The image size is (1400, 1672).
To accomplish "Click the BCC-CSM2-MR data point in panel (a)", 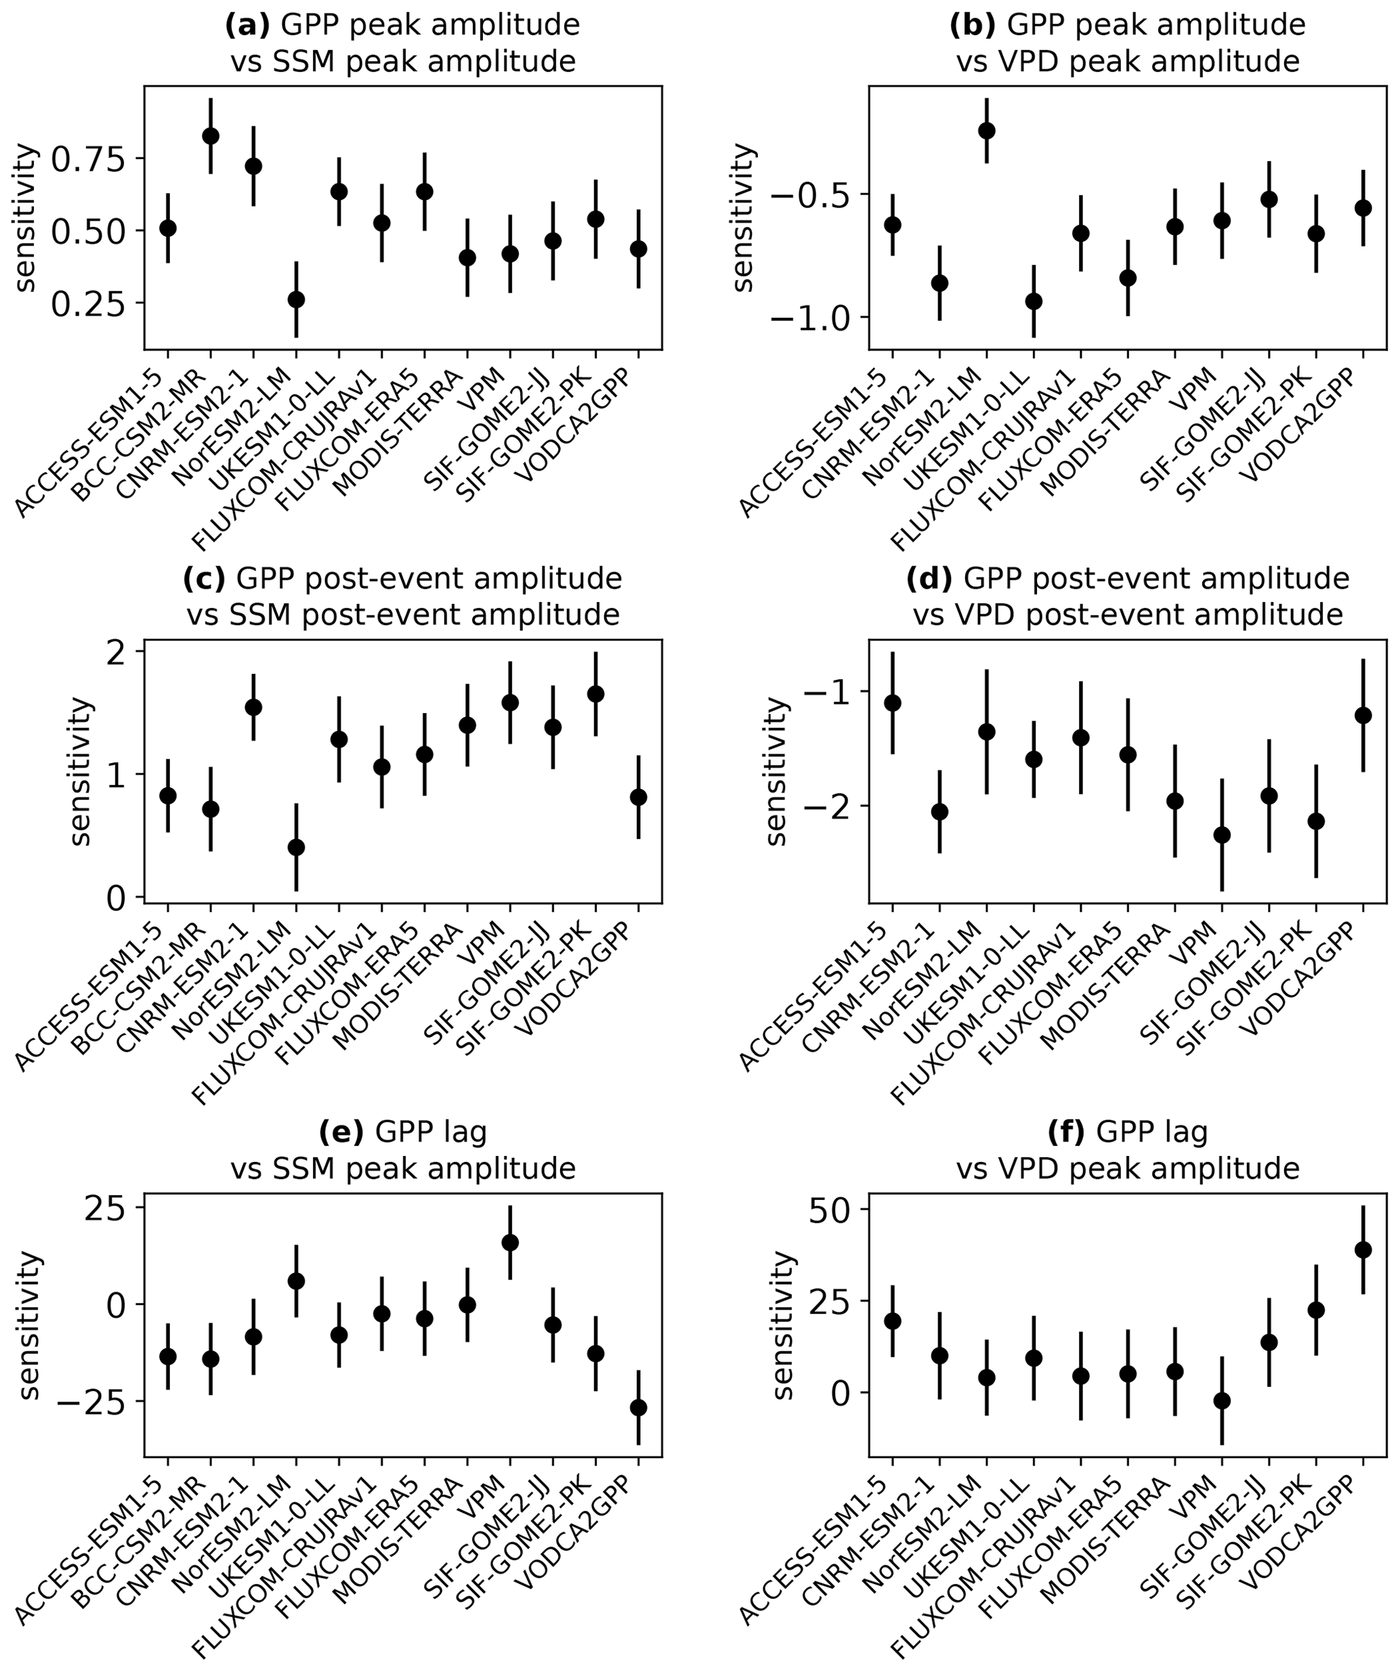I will [210, 136].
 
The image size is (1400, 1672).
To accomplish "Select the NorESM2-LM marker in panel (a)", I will [296, 299].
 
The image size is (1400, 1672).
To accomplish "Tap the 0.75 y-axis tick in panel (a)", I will [89, 158].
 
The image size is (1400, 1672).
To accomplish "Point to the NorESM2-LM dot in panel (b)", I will [987, 131].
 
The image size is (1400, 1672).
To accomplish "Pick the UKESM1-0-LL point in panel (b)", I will [1034, 301].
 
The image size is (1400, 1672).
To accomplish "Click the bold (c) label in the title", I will [205, 578].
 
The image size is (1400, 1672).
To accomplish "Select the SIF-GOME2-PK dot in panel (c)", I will [595, 694].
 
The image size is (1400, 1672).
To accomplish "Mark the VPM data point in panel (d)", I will [1222, 835].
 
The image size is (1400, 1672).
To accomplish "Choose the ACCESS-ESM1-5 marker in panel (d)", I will [893, 702].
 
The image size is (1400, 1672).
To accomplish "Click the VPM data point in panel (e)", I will [509, 1243].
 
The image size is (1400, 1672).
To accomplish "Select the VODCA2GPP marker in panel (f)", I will [1363, 1250].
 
